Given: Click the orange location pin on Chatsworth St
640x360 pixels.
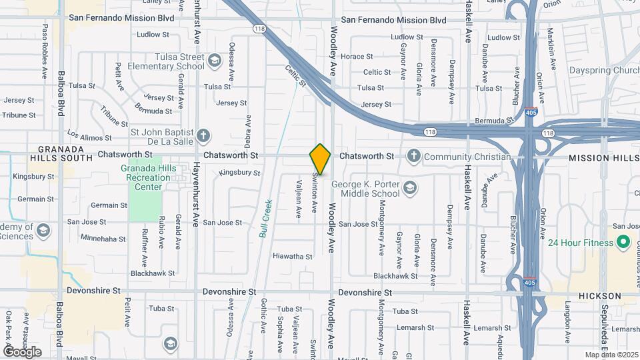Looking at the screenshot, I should pos(320,159).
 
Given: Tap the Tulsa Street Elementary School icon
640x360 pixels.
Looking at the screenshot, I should pos(214,61).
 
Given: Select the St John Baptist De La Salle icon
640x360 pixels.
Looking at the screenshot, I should pos(204,137).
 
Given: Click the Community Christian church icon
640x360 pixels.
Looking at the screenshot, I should pos(413,157).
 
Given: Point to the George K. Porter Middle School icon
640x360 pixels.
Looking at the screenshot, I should pos(411,188).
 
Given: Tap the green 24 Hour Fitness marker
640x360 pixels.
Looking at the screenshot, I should pos(623,243).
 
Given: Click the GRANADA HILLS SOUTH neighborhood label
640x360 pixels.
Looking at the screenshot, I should pos(61,153).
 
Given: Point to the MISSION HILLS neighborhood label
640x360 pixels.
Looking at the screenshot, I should pos(603,158).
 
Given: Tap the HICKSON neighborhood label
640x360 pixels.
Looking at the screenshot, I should pos(599,296).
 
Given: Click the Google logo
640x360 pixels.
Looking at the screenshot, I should pos(22,351).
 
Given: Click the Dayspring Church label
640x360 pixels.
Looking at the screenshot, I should pos(603,70).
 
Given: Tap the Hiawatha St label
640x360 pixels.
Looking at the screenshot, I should pos(292,257).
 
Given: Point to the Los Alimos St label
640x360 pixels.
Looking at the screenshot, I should pos(89,138).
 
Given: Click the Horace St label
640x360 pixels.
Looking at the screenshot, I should pos(357,57).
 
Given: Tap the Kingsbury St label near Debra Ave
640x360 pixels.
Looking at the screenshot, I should pos(240,173).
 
